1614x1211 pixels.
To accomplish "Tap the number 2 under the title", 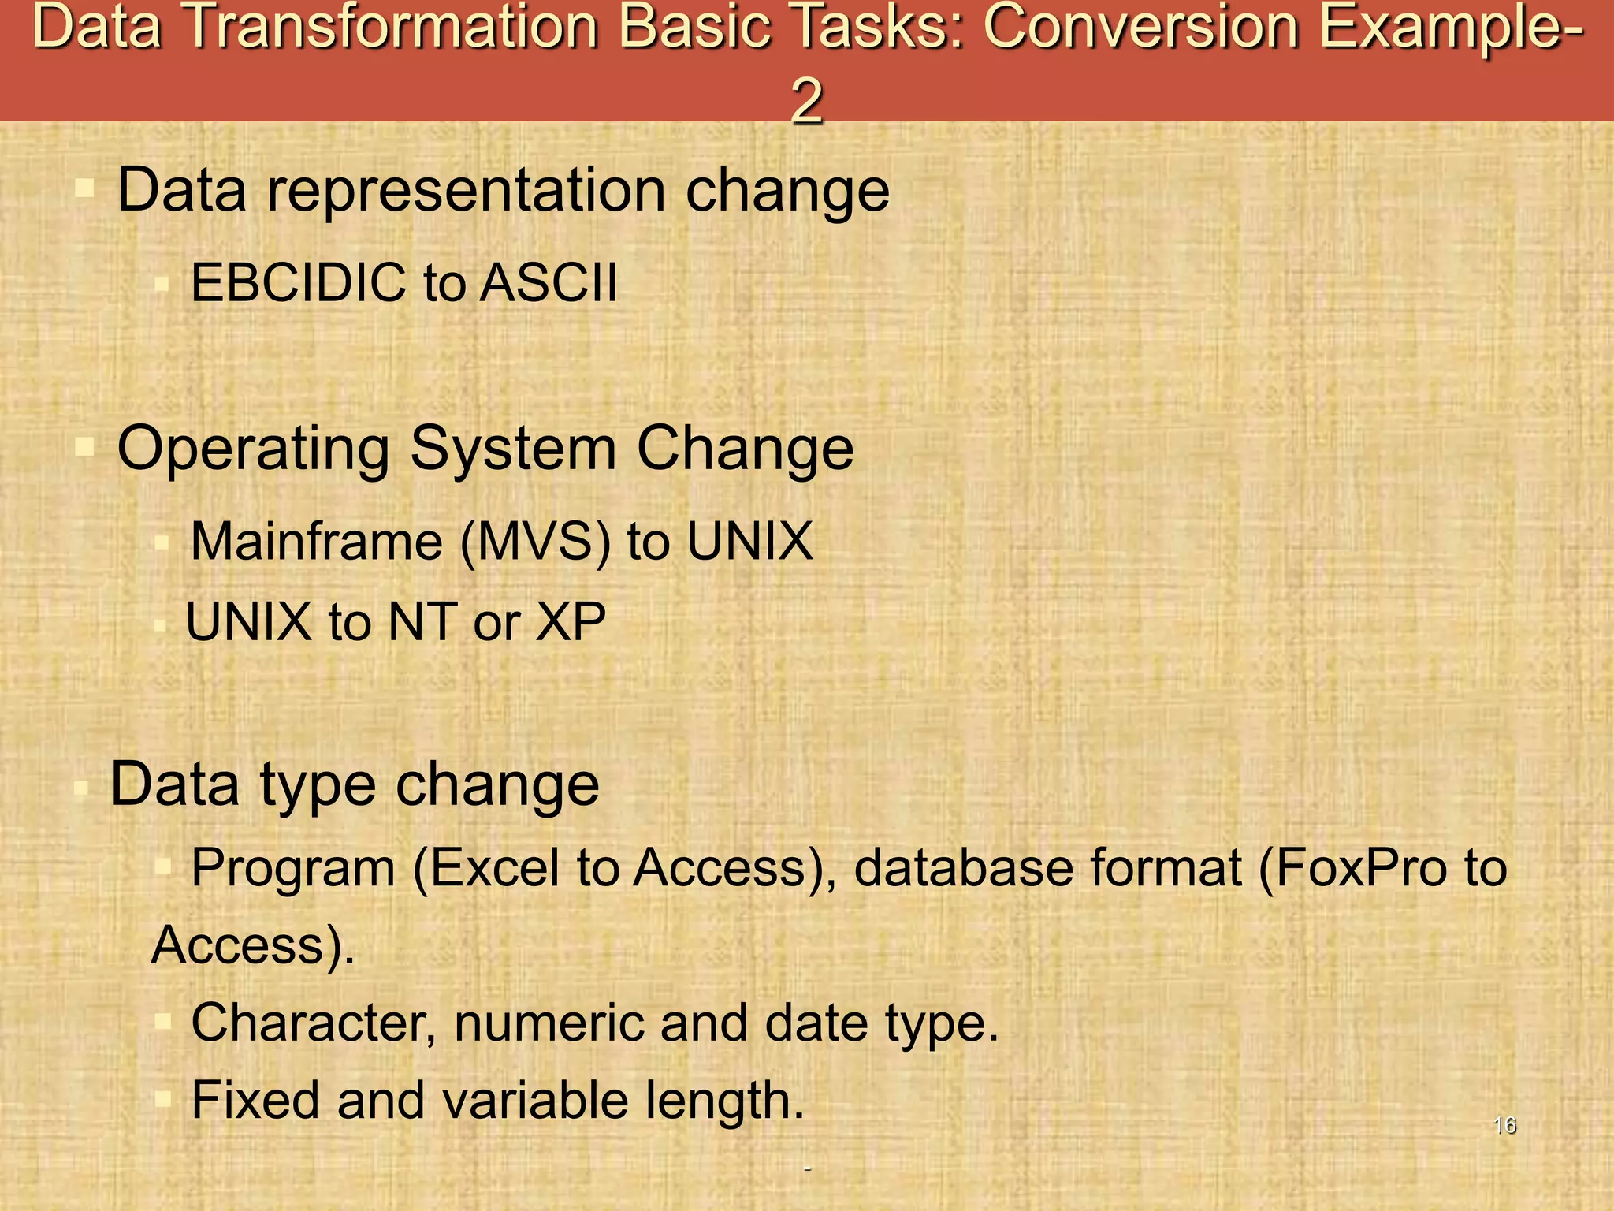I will pos(806,100).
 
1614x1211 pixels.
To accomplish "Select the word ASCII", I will pos(549,282).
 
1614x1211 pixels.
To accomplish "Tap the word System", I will pos(513,449).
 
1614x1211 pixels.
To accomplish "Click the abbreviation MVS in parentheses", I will pos(535,542).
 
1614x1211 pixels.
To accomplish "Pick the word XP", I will pos(571,622).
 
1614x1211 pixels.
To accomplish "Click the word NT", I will pos(422,622).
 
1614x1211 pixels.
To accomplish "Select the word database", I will pos(963,868).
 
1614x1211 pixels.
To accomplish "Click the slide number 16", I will pos(1504,1125).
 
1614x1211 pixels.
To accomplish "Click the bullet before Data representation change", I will pos(84,189).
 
